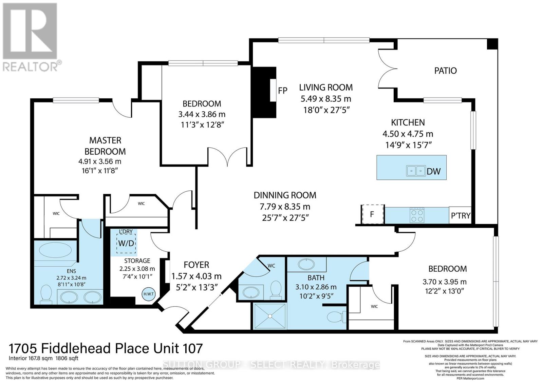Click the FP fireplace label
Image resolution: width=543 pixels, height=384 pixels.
click(x=282, y=91)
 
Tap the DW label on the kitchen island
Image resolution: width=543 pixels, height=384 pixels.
click(x=433, y=171)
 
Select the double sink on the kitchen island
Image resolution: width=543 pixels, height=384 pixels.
click(x=416, y=171)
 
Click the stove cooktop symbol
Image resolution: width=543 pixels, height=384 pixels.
click(x=417, y=215)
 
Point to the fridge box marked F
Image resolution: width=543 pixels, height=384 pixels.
click(x=372, y=214)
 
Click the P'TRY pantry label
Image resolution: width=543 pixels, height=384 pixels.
click(x=460, y=215)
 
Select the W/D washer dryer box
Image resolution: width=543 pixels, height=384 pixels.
click(x=126, y=243)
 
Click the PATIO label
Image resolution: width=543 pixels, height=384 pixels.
click(x=445, y=71)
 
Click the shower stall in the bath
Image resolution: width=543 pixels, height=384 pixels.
click(x=270, y=316)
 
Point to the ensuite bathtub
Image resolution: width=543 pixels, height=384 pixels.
click(x=55, y=251)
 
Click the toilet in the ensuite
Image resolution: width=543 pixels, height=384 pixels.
click(x=45, y=293)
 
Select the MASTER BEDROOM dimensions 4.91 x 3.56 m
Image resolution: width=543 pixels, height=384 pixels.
click(x=99, y=161)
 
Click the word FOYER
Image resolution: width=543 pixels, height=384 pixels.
click(x=196, y=265)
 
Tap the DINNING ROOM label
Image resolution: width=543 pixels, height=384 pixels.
click(x=285, y=195)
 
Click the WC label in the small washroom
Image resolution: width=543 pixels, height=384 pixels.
click(x=271, y=266)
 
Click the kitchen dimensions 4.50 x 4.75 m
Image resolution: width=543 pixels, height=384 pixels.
click(x=408, y=134)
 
